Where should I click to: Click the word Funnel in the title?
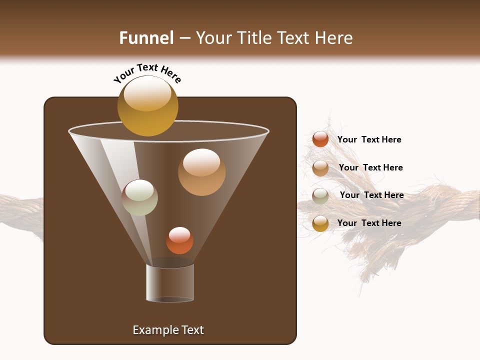click(146, 38)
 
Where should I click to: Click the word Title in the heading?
click(254, 38)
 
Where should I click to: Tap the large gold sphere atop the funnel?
click(147, 105)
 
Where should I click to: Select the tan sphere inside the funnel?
click(201, 172)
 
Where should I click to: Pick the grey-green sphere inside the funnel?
click(139, 197)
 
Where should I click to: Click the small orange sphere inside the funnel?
click(179, 240)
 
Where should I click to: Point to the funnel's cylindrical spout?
click(170, 283)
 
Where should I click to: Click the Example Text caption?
click(168, 330)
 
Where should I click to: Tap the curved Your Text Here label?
click(147, 73)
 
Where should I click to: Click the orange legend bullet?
click(320, 139)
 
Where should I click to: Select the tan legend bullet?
click(320, 168)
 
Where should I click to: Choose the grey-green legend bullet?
click(320, 196)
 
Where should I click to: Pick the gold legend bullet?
click(320, 223)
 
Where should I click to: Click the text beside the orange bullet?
click(369, 139)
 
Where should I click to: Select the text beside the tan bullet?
click(370, 167)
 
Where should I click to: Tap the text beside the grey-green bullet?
click(371, 195)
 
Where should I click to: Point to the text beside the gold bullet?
click(369, 223)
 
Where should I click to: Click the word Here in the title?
click(334, 38)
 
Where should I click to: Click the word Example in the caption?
click(155, 330)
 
